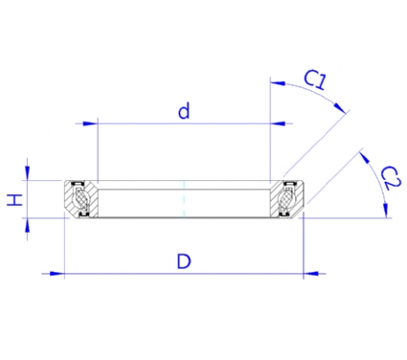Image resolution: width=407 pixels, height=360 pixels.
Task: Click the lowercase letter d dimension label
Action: pos(184,111)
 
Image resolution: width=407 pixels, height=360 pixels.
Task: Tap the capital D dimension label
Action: pos(184,261)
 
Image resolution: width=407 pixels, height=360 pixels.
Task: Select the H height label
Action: pos(15,200)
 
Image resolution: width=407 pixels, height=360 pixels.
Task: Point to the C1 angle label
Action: pos(315,79)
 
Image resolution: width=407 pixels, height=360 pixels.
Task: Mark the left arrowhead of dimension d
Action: pos(90,124)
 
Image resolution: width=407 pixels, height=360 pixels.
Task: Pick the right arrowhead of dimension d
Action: pos(278,124)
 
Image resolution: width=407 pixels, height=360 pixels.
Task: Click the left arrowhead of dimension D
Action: pos(57,274)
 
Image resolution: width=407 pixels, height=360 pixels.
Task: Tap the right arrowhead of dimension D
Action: pos(310,274)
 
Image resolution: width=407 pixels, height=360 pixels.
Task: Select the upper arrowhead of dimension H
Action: pos(27,173)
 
